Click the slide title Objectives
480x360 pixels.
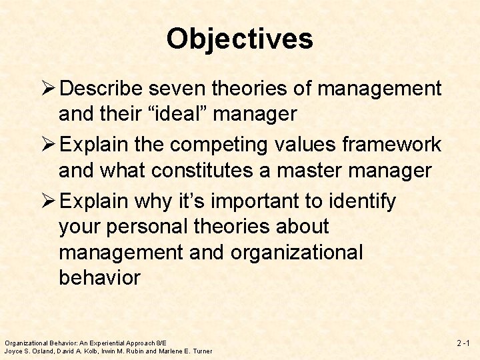tap(239, 39)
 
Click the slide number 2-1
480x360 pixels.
tap(463, 343)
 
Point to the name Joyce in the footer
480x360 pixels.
tap(14, 351)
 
